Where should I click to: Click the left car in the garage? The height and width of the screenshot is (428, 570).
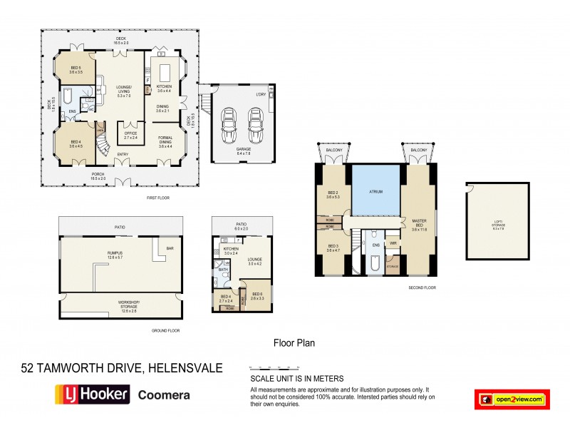(229, 126)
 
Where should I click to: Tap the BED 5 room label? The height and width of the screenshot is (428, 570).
(76, 70)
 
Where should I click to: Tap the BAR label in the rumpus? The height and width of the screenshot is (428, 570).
(170, 249)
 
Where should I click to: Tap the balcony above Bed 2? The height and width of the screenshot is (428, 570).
(333, 154)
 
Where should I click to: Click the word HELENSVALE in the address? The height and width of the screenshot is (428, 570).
(185, 368)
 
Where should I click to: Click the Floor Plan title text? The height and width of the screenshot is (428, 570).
(294, 342)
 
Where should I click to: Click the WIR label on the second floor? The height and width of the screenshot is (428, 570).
(393, 243)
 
